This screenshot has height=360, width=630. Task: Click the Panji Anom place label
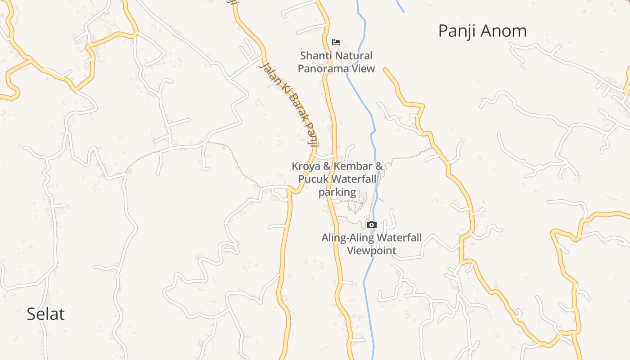[482, 31]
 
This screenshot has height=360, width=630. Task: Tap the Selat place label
[45, 314]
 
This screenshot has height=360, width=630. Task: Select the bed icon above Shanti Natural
[336, 42]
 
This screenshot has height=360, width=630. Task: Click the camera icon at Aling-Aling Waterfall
[371, 225]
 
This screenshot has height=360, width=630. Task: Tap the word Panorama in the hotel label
[324, 68]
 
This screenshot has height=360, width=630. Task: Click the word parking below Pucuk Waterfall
[337, 192]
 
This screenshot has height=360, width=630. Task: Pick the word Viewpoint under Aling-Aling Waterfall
[371, 250]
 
